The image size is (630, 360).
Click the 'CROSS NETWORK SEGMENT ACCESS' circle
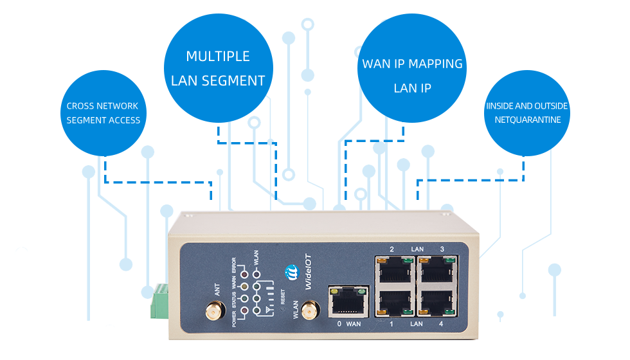click(103, 113)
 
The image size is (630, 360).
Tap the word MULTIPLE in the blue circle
click(218, 57)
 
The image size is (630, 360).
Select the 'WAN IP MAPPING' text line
click(412, 64)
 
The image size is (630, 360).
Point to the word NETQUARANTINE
click(528, 120)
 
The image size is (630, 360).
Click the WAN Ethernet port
click(346, 301)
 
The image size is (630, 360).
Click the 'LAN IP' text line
click(412, 88)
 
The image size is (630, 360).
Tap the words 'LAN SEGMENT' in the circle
click(218, 81)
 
